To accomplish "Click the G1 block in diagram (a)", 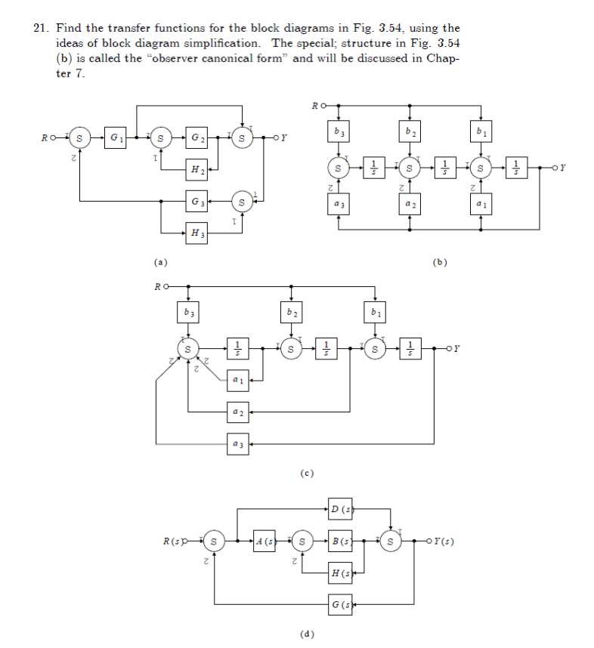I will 116,138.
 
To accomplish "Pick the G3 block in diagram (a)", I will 196,202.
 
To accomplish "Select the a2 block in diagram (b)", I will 410,204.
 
